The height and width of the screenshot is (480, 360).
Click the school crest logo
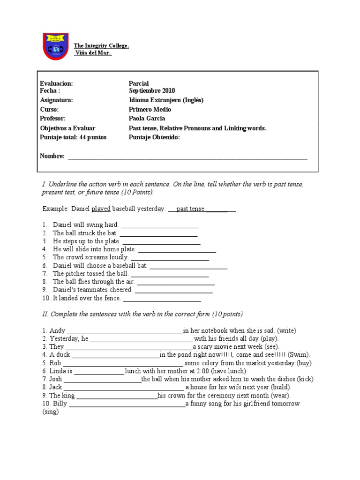[55, 46]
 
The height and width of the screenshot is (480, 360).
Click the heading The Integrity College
[101, 45]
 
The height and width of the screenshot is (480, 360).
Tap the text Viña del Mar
[93, 52]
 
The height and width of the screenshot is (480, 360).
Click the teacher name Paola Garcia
[147, 119]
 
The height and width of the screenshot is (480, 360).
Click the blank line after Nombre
[187, 157]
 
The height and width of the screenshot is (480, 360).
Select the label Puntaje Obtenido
[154, 137]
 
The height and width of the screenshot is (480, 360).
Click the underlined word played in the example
[101, 209]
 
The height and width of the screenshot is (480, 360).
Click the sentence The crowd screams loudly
[90, 257]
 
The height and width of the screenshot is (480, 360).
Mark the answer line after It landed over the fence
[162, 299]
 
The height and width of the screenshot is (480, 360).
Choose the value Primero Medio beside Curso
[150, 109]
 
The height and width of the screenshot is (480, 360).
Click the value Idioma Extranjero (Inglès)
[166, 100]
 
